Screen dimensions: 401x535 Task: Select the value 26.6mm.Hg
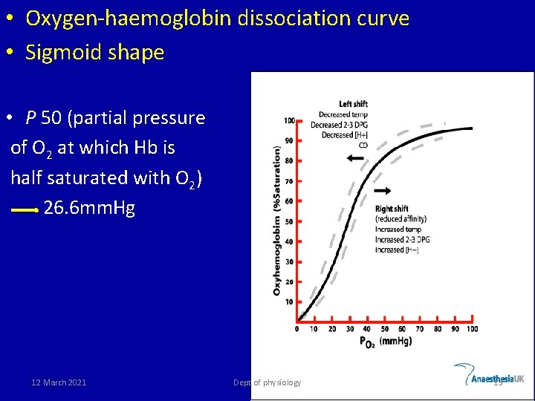[89, 208]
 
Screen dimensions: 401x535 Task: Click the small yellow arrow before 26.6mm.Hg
[25, 210]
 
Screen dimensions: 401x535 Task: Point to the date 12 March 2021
[59, 382]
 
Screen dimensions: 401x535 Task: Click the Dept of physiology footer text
[267, 382]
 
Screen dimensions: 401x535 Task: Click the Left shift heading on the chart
[354, 104]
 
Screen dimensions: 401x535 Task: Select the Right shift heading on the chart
[392, 209]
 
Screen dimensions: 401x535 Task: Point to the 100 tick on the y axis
[290, 120]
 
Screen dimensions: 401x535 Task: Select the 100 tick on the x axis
[472, 329]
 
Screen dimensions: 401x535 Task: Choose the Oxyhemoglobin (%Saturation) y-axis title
[277, 221]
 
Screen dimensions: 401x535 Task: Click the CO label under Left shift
[363, 146]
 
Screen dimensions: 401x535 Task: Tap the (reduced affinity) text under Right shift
[400, 219]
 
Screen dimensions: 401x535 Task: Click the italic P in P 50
[30, 118]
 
